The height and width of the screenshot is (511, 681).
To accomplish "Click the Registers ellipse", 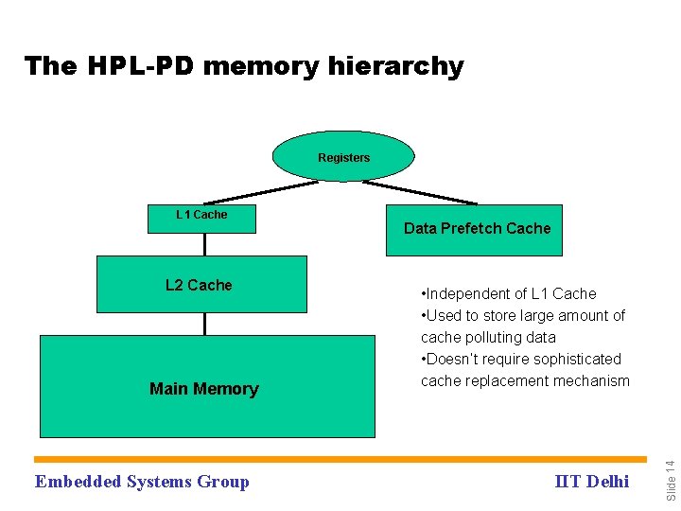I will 343,157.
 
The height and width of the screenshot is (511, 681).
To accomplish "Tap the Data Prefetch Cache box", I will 474,230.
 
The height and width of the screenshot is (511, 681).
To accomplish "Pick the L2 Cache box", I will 201,285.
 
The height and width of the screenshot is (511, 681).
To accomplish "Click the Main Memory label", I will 203,389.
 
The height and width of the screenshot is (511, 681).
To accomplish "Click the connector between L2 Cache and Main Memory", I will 204,324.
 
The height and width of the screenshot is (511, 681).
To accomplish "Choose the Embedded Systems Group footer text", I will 142,482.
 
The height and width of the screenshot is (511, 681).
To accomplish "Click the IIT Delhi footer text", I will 592,482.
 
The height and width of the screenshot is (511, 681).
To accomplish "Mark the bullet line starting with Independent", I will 508,294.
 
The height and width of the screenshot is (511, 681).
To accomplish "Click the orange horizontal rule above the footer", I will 340,459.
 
